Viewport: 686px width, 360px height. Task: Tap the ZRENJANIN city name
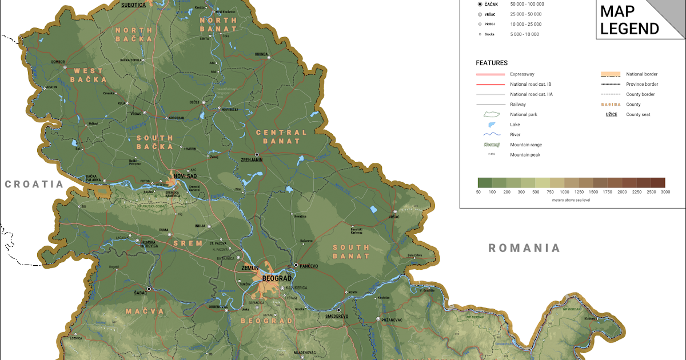[252, 160]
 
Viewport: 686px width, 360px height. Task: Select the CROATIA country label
[34, 184]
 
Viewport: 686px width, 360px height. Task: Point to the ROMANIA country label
[524, 248]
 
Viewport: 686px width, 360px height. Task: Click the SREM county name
[188, 243]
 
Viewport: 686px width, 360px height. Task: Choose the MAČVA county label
[145, 311]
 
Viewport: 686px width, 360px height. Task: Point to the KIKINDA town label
[261, 54]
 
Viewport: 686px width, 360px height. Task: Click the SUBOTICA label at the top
[134, 5]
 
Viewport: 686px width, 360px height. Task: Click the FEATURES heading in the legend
[491, 63]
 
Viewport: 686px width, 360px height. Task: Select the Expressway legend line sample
[490, 74]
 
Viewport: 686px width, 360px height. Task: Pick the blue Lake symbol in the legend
[490, 125]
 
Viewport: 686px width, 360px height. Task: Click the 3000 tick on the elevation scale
[665, 193]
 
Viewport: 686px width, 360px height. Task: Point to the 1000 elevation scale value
[564, 193]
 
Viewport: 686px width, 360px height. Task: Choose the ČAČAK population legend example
[489, 4]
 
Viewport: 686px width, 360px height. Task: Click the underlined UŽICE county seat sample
[611, 114]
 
